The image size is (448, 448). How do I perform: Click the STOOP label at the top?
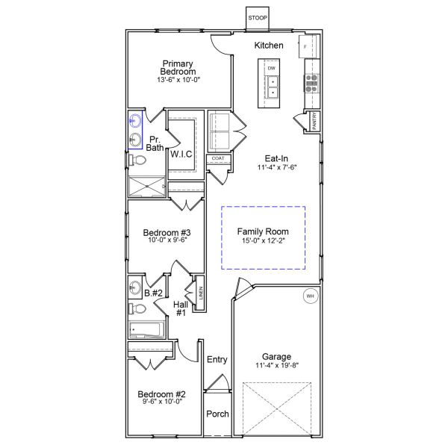point(258,17)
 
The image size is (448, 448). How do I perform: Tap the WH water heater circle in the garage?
point(310,297)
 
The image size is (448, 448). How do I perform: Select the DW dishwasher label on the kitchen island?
point(272,68)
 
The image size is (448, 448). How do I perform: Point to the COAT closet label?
point(217,158)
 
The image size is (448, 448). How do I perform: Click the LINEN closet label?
point(200,293)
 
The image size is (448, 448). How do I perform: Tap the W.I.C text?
point(181,154)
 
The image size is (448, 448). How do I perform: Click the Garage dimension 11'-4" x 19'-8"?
point(276,367)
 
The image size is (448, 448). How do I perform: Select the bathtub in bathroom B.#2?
point(147,329)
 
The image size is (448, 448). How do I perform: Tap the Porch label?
point(217,414)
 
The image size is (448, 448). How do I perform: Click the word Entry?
point(217,360)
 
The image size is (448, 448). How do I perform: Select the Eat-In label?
point(278,158)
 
